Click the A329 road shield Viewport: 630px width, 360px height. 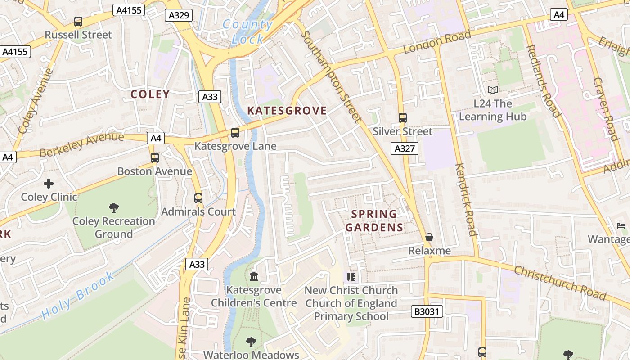pos(179,15)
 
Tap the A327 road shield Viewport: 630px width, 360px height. pos(404,148)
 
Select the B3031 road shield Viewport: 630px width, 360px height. pos(427,311)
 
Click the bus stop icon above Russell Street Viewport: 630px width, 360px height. pos(78,22)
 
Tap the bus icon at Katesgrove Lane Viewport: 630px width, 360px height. pos(235,133)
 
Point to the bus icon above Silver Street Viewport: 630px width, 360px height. pos(403,118)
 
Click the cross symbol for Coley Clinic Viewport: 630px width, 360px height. pos(49,184)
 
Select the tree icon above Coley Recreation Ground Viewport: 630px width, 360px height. pos(114,207)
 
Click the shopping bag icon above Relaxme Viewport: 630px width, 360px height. pos(429,237)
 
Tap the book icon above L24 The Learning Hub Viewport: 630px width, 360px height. pos(493,90)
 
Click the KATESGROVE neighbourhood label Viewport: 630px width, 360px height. pos(287,111)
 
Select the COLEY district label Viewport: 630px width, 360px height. pos(150,94)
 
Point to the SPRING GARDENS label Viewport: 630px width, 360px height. pos(374,220)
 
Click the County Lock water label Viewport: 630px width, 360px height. pos(248,31)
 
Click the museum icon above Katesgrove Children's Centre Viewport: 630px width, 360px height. pos(254,276)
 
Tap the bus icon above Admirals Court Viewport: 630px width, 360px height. pos(198,198)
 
